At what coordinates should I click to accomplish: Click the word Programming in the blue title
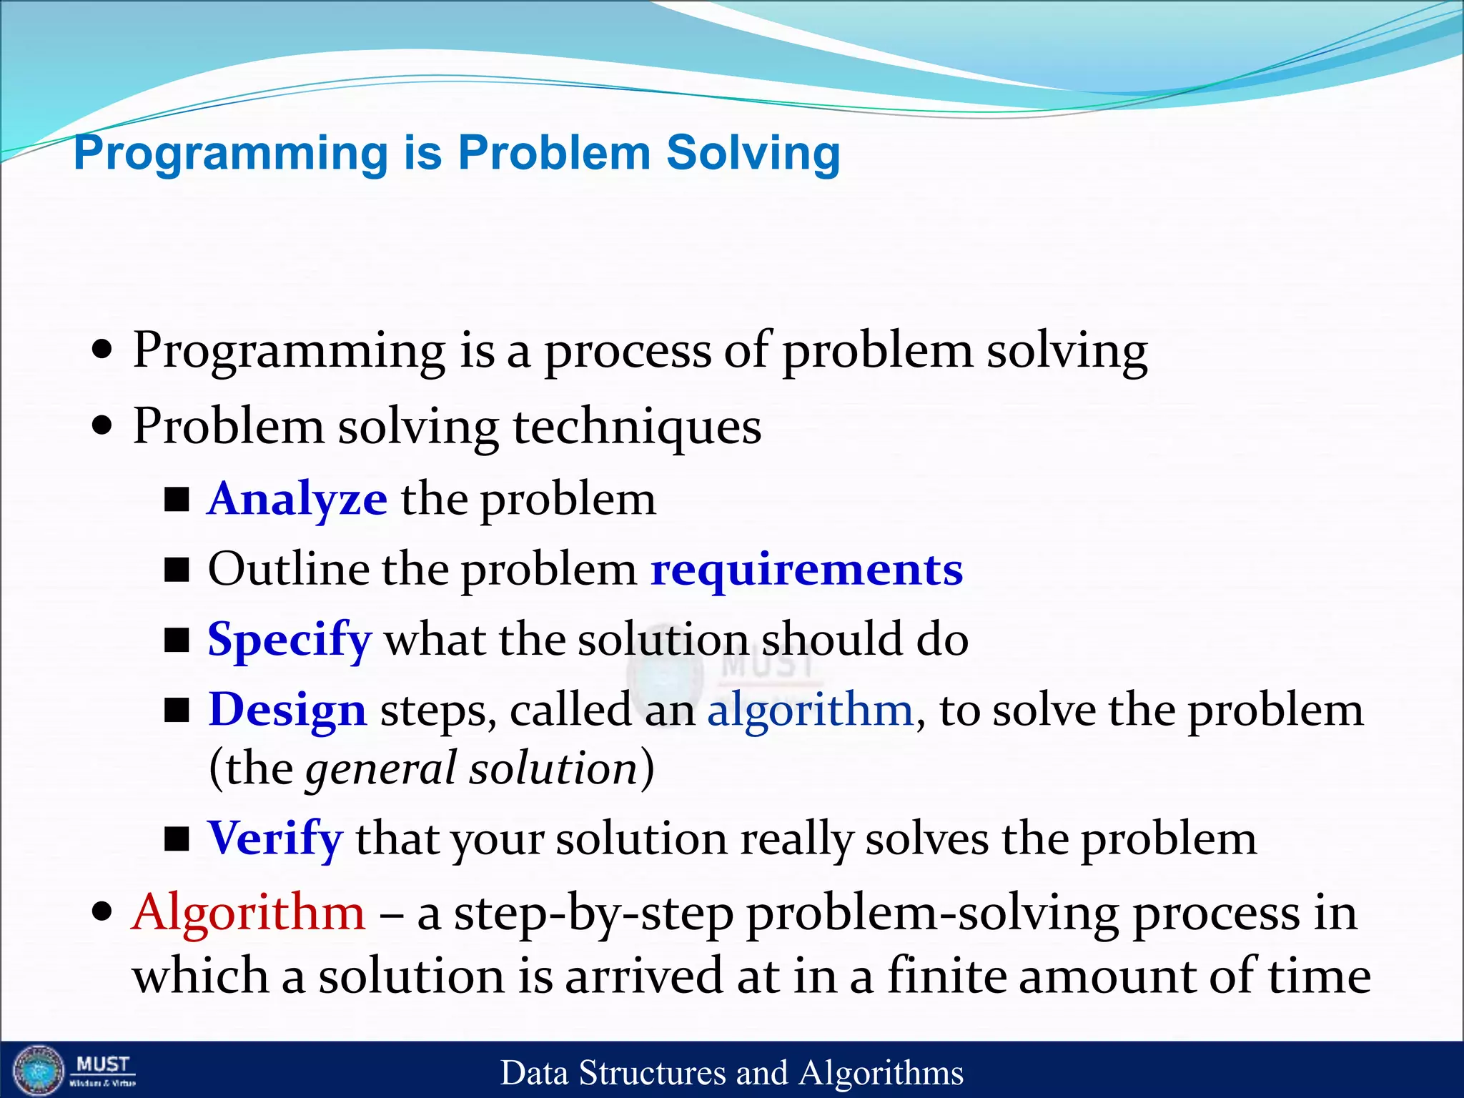pos(231,154)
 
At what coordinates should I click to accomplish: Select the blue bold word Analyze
pos(297,499)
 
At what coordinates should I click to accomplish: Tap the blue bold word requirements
pos(806,570)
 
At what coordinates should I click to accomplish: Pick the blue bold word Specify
pos(290,639)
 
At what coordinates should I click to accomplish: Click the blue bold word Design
pos(287,710)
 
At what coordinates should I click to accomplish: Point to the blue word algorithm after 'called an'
pos(810,710)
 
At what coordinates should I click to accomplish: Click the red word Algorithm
pos(248,913)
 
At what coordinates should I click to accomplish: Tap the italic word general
pos(380,769)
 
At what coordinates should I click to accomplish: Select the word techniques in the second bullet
pos(636,427)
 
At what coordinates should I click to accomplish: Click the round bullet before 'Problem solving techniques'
pos(103,427)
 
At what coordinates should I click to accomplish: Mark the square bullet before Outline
pos(177,570)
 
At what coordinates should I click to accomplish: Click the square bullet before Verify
pos(177,839)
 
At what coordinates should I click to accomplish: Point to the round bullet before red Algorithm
pos(103,913)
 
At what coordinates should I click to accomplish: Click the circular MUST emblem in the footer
pos(39,1070)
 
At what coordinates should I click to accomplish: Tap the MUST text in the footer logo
pos(103,1064)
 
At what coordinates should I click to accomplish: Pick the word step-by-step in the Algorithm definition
pos(593,914)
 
